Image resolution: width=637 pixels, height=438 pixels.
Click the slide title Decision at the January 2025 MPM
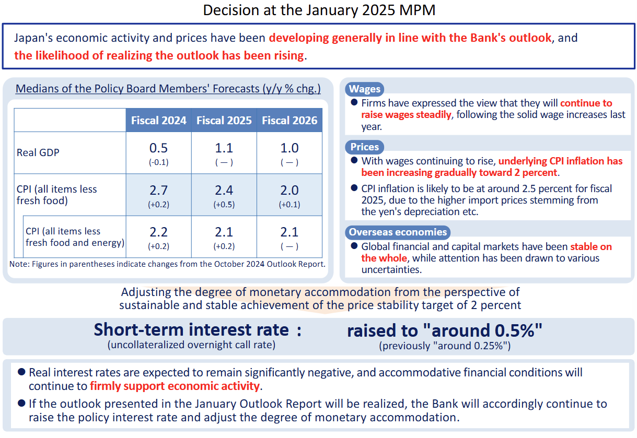click(x=319, y=10)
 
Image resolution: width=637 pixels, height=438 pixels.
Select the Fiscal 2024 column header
click(x=158, y=121)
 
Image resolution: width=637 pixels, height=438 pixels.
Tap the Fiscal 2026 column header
click(x=289, y=121)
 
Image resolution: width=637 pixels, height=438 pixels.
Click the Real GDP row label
click(x=38, y=153)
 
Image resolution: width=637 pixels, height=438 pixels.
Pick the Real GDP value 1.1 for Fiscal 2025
click(x=224, y=148)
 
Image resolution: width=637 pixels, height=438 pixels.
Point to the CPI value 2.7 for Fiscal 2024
click(x=158, y=190)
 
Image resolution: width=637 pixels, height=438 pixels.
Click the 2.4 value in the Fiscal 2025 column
click(x=224, y=190)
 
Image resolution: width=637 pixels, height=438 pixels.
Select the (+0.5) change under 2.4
click(x=224, y=205)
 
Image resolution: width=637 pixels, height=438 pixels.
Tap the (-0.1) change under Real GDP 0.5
click(x=158, y=162)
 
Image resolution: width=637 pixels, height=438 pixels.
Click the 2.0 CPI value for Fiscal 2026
click(x=289, y=190)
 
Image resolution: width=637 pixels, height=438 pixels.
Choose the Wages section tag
click(x=365, y=89)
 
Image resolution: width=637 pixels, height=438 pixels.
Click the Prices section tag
click(x=365, y=147)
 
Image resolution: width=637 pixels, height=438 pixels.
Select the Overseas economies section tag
click(x=398, y=232)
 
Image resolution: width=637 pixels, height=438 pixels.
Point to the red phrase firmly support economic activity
click(x=175, y=386)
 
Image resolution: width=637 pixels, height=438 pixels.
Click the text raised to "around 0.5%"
click(x=445, y=330)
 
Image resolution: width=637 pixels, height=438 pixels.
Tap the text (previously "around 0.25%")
click(x=445, y=346)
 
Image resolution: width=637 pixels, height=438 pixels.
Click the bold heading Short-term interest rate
click(x=191, y=330)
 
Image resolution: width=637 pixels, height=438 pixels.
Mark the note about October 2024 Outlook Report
click(x=167, y=264)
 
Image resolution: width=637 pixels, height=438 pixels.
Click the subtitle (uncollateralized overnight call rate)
click(x=191, y=345)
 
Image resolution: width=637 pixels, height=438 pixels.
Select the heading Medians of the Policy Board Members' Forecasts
click(x=168, y=88)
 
